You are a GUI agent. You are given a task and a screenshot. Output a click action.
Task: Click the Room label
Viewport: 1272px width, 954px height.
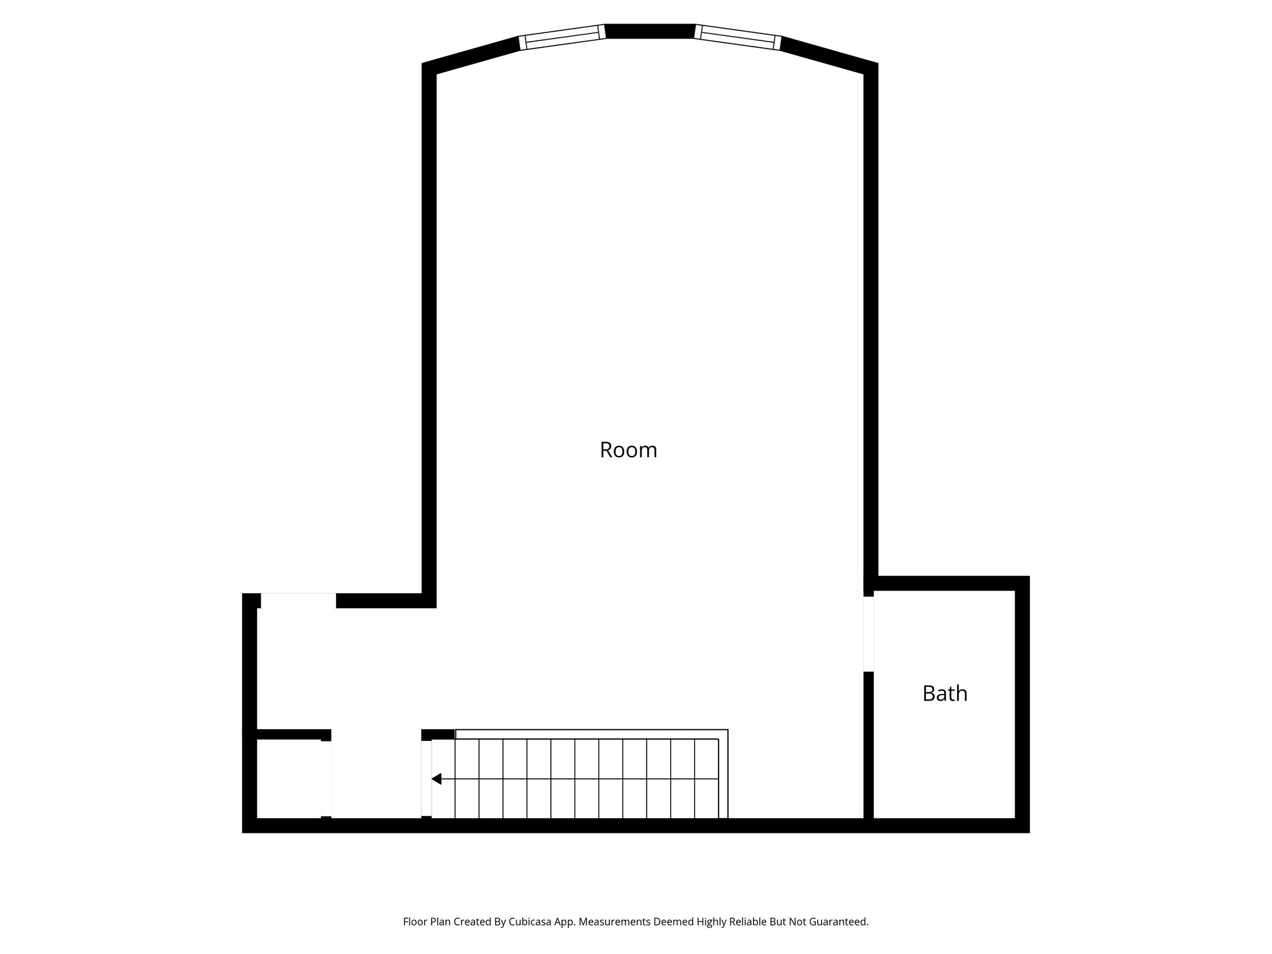628,450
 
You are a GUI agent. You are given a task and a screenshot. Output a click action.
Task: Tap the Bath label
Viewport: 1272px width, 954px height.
945,693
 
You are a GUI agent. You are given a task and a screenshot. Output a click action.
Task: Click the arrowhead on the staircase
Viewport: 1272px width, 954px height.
437,779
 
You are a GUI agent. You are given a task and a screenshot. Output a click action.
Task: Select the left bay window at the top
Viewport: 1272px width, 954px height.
562,37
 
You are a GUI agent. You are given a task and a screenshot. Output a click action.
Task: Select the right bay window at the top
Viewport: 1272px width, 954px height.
737,37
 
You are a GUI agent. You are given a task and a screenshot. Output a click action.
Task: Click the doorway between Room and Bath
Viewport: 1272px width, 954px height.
869,634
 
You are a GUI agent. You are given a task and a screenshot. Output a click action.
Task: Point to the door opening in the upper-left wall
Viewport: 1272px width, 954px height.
298,601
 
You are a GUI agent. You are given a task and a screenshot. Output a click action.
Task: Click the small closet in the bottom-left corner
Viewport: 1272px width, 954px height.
288,779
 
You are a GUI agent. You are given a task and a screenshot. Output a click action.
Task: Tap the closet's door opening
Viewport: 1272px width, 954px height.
326,779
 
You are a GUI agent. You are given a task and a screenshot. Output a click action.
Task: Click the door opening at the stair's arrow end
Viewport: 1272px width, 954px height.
426,779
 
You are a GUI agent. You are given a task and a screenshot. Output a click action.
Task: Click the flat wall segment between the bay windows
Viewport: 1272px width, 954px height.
650,31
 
